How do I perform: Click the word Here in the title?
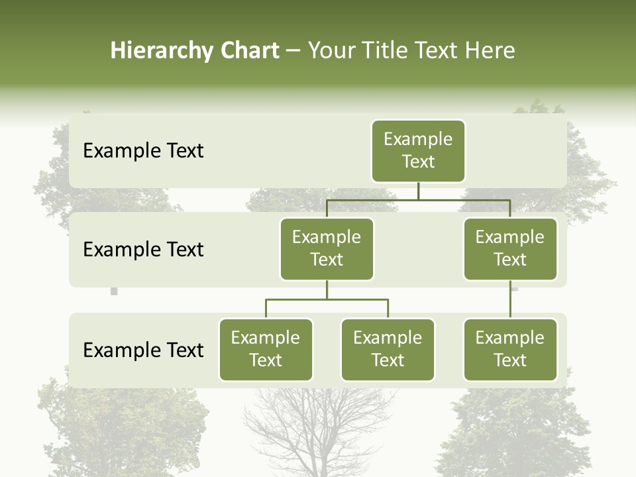coord(490,51)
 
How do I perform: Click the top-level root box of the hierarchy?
coord(418,151)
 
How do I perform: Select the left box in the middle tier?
coord(327,248)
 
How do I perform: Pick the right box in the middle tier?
coord(510,248)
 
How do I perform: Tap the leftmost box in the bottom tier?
coord(266,349)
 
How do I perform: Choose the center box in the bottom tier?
coord(388,349)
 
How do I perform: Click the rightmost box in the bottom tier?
coord(510,349)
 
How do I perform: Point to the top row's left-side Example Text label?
coord(143,151)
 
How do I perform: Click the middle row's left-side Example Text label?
coord(143,250)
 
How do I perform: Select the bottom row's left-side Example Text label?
coord(143,350)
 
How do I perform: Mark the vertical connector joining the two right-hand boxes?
coord(510,299)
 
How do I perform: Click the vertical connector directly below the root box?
coord(418,191)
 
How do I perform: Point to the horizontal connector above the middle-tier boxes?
coord(418,199)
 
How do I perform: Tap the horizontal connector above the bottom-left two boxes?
coord(327,299)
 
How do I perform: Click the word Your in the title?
coord(329,51)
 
